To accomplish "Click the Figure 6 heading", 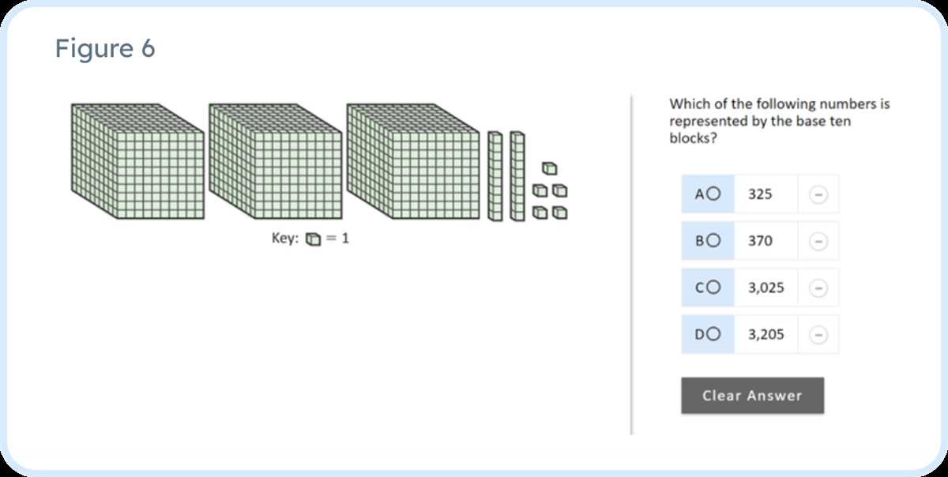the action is click(105, 48).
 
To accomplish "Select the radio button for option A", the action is click(713, 193).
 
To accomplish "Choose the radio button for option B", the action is click(713, 240).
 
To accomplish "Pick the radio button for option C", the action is click(713, 287).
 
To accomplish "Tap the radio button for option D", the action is click(713, 334).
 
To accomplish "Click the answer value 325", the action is click(760, 194).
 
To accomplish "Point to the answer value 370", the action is click(760, 241).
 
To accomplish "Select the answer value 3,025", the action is click(766, 287).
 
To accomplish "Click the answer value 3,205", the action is click(766, 334).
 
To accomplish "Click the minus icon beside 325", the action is click(818, 195).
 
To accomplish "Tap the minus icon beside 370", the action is click(818, 241).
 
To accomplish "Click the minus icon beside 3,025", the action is click(818, 288).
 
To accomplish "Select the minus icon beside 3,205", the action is click(818, 335).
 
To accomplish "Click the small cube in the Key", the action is click(313, 239).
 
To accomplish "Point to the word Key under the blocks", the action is click(285, 238).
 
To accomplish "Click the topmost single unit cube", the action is click(550, 168).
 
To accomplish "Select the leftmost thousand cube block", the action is click(137, 161).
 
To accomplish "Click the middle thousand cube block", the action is click(276, 161).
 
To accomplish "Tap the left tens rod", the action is click(495, 176).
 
